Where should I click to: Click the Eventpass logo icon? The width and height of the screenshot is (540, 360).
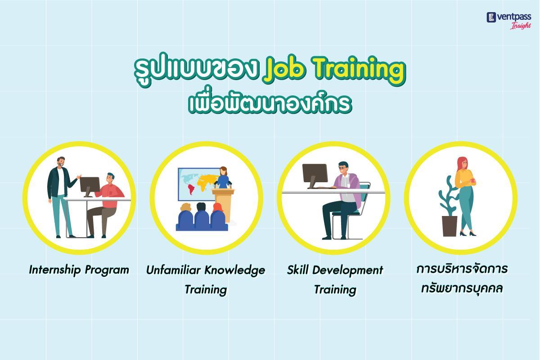click(x=491, y=18)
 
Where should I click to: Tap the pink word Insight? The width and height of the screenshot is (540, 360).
click(x=521, y=26)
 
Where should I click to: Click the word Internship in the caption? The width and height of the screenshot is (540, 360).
click(x=55, y=270)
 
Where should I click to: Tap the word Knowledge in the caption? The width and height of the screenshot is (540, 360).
click(x=235, y=270)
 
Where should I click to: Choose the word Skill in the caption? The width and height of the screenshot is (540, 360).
click(x=298, y=270)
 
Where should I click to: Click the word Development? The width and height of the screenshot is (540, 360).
click(x=348, y=270)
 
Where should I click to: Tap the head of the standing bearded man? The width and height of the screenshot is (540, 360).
click(x=61, y=162)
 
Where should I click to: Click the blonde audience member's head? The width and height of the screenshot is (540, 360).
click(x=185, y=207)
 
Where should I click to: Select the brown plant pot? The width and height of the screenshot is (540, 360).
click(x=450, y=226)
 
